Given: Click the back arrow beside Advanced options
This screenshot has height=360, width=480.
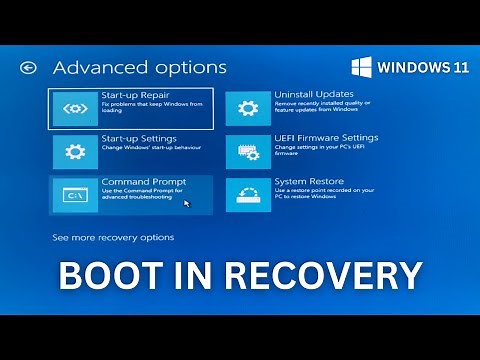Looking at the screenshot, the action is pos(28,68).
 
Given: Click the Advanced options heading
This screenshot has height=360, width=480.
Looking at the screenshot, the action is pos(139,68).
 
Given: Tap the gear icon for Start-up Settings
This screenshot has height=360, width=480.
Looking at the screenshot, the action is pos(75,152).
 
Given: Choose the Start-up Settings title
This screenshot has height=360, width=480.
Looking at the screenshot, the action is pos(139,139).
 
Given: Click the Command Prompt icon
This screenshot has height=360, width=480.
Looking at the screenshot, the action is pos(75,195).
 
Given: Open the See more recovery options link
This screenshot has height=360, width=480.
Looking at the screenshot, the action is pos(113,238).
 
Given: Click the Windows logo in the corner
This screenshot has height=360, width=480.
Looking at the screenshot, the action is pos(362,68).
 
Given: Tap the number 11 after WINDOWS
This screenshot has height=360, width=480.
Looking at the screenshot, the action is pos(457,68).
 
